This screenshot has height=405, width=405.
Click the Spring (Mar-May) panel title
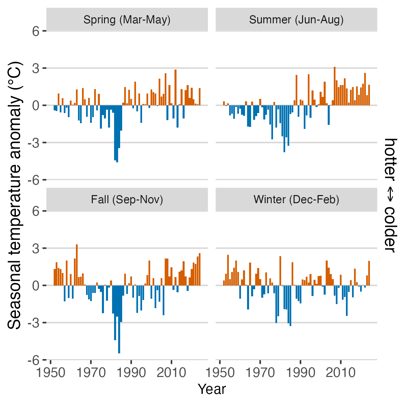click(127, 20)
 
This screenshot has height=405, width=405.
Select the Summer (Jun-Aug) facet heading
click(296, 20)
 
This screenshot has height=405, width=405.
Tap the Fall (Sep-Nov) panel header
click(127, 200)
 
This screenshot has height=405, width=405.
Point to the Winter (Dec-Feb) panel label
click(296, 200)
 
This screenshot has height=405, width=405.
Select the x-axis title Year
click(212, 389)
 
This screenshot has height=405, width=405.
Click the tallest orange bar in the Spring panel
click(175, 87)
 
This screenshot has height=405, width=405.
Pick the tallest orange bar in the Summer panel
click(334, 86)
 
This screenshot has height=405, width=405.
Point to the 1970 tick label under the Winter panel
click(260, 373)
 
